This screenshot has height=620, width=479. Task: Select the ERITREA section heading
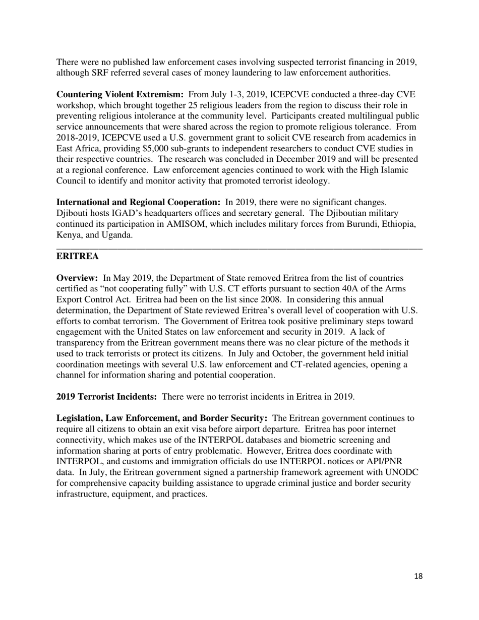pyautogui.click(x=77, y=257)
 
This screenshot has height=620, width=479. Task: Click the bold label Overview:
pyautogui.click(x=77, y=278)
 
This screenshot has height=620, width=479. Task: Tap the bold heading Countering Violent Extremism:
pyautogui.click(x=120, y=95)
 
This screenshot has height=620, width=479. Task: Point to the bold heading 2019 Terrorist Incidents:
pyautogui.click(x=106, y=397)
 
